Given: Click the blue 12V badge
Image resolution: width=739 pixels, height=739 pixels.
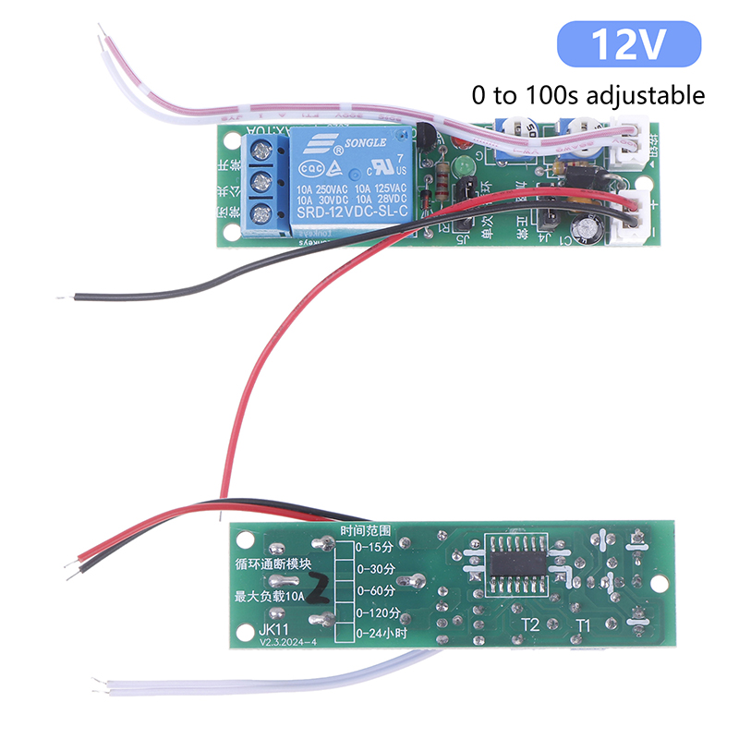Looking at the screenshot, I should click(629, 45).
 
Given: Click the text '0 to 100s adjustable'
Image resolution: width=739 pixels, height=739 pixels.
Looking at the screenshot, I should click(588, 94).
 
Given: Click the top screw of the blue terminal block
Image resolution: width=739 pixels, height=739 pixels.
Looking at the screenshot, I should click(260, 149).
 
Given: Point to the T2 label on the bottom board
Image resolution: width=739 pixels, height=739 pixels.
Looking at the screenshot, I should click(530, 625).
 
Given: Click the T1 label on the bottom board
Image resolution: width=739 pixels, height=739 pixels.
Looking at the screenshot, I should click(584, 625).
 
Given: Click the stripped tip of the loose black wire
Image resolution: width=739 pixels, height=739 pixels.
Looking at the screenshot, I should click(62, 298).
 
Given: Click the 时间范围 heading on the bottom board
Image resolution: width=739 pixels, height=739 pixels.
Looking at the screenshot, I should click(366, 531).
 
